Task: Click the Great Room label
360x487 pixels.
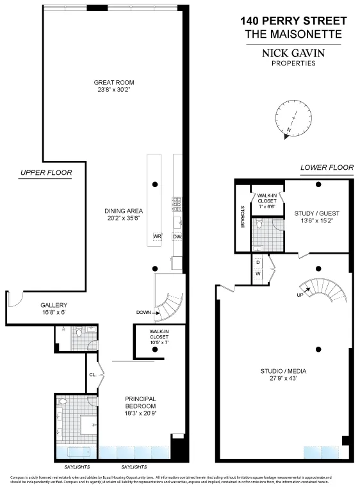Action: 114,82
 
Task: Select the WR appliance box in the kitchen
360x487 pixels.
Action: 156,236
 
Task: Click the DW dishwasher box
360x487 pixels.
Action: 177,236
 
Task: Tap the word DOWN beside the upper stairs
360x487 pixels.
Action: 144,313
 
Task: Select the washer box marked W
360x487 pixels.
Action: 258,274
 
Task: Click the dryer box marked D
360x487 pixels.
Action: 258,263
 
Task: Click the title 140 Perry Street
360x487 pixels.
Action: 294,21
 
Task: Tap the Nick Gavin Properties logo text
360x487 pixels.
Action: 294,57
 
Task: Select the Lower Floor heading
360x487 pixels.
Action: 327,168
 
